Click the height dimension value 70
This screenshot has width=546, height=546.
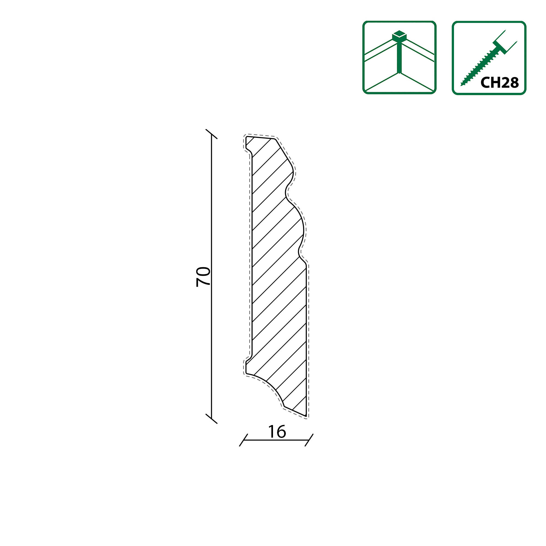click(x=203, y=277)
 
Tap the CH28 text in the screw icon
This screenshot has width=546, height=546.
click(x=500, y=82)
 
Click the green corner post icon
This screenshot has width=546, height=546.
click(x=399, y=57)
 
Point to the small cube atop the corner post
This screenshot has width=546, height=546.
click(x=399, y=36)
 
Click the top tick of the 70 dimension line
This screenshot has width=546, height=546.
click(x=211, y=134)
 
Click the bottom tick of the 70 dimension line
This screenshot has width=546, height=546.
click(x=211, y=419)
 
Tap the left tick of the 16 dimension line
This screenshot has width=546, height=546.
click(x=244, y=440)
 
